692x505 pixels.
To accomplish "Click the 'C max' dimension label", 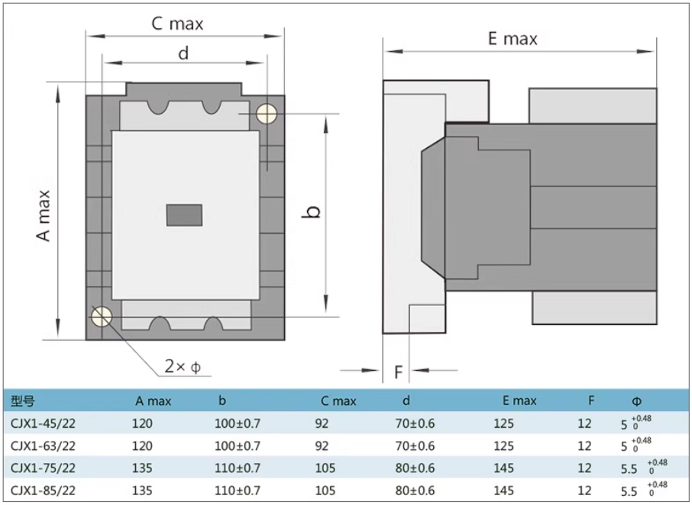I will [177, 24].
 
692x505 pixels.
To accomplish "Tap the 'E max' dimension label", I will [513, 39].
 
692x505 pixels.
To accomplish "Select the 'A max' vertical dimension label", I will [45, 215].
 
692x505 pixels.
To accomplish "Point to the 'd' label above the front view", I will [183, 53].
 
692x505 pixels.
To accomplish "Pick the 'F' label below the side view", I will [398, 372].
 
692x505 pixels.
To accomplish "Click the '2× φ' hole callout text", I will [183, 367].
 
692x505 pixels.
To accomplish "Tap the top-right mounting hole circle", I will [266, 114].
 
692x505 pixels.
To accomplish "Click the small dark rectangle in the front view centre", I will [184, 215].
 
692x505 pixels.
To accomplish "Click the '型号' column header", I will [24, 400].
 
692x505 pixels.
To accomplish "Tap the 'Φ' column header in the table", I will [636, 400].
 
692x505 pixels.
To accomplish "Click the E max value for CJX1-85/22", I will [503, 490].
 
